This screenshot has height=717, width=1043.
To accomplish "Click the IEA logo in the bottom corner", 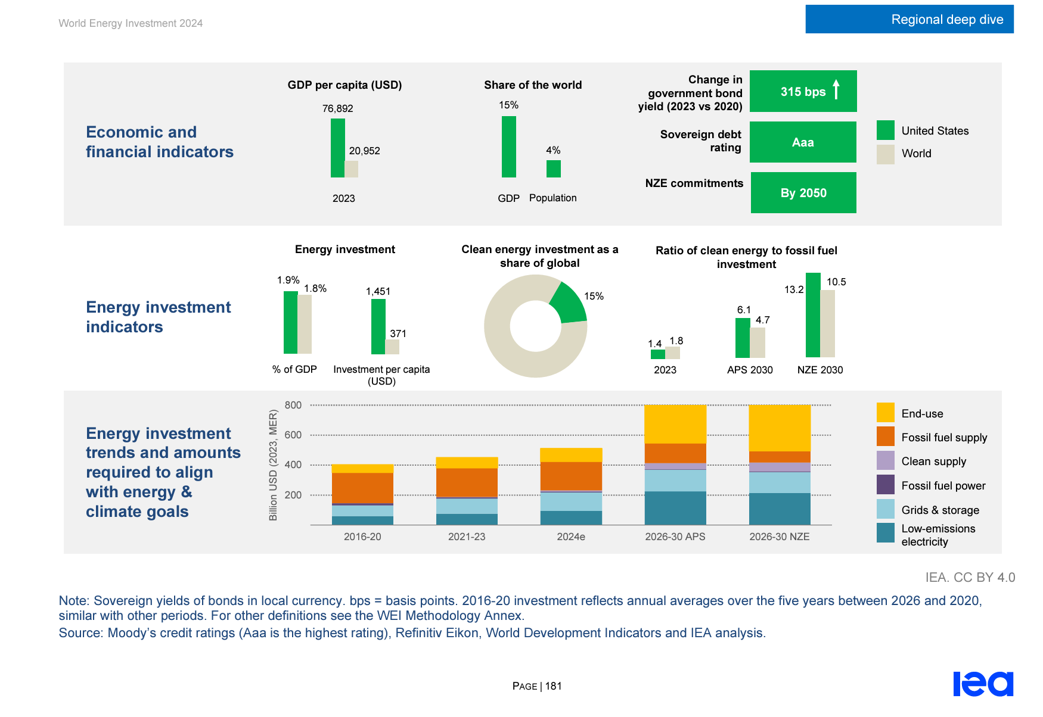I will coord(983,683).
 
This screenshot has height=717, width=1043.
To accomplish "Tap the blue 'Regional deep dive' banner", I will coord(909,19).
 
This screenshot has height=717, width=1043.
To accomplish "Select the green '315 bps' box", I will coord(803,91).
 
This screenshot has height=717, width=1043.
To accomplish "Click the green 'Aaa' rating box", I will coord(803,142).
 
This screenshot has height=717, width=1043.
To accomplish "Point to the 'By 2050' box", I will coord(803,193).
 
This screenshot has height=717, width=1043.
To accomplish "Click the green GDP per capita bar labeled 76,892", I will coord(337,148).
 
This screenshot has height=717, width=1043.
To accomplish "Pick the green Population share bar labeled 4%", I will coord(553,169).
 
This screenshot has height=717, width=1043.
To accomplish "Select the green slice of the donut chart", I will coord(569,303).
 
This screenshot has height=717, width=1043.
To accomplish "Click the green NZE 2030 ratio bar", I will coord(812,316).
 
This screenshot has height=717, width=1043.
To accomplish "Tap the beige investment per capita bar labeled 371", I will coord(392,347).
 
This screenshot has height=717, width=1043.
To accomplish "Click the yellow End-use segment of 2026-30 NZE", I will coord(779,428).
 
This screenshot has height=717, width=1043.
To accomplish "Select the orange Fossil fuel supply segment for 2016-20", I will coord(362,488).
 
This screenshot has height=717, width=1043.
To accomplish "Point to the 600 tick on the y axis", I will coord(293,435).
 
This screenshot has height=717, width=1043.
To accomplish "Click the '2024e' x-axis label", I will coord(570,537).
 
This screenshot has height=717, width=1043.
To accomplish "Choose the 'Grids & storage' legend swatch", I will coord(885,509).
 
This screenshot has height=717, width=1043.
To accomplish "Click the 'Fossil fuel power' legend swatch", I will coord(885,485).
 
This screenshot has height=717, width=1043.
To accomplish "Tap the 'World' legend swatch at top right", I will coord(885,154).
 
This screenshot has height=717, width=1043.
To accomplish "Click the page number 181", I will coord(553,686).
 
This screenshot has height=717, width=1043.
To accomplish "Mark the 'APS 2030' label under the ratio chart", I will coord(749,370).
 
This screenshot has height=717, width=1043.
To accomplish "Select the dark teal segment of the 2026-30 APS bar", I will coord(675,508).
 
